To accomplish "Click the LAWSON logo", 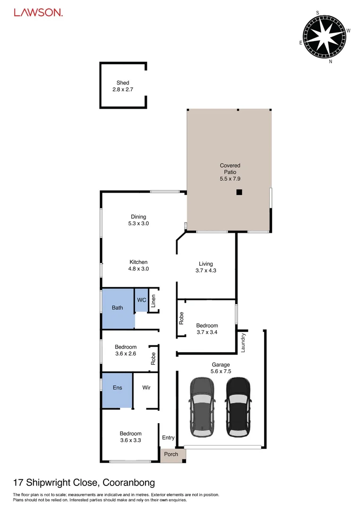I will pyautogui.click(x=38, y=13).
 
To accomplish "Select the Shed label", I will pyautogui.click(x=123, y=83).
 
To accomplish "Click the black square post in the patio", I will pyautogui.click(x=239, y=192).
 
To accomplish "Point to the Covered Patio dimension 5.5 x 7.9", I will pyautogui.click(x=230, y=179).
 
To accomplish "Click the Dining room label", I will pyautogui.click(x=138, y=217).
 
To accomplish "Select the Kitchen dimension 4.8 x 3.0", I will pyautogui.click(x=138, y=269).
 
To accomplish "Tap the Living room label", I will pyautogui.click(x=206, y=264).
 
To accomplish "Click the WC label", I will pyautogui.click(x=141, y=300).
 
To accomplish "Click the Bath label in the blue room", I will pyautogui.click(x=117, y=308).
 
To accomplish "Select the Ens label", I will pyautogui.click(x=117, y=388).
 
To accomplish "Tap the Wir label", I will pyautogui.click(x=146, y=388).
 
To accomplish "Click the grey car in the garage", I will pyautogui.click(x=202, y=407).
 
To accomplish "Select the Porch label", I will pyautogui.click(x=171, y=454).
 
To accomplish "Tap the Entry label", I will pyautogui.click(x=168, y=438).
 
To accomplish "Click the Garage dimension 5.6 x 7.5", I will pyautogui.click(x=221, y=371).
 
